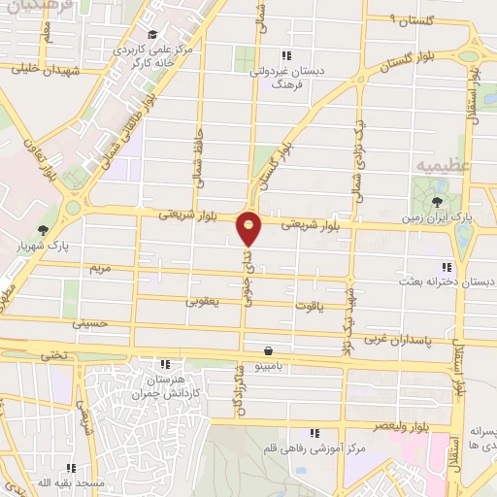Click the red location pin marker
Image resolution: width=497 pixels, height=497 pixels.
[x=249, y=229]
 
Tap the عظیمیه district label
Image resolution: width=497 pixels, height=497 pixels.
[x=447, y=166]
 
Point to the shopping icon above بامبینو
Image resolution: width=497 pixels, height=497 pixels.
[x=267, y=350]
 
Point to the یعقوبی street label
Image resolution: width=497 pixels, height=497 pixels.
[x=204, y=302]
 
